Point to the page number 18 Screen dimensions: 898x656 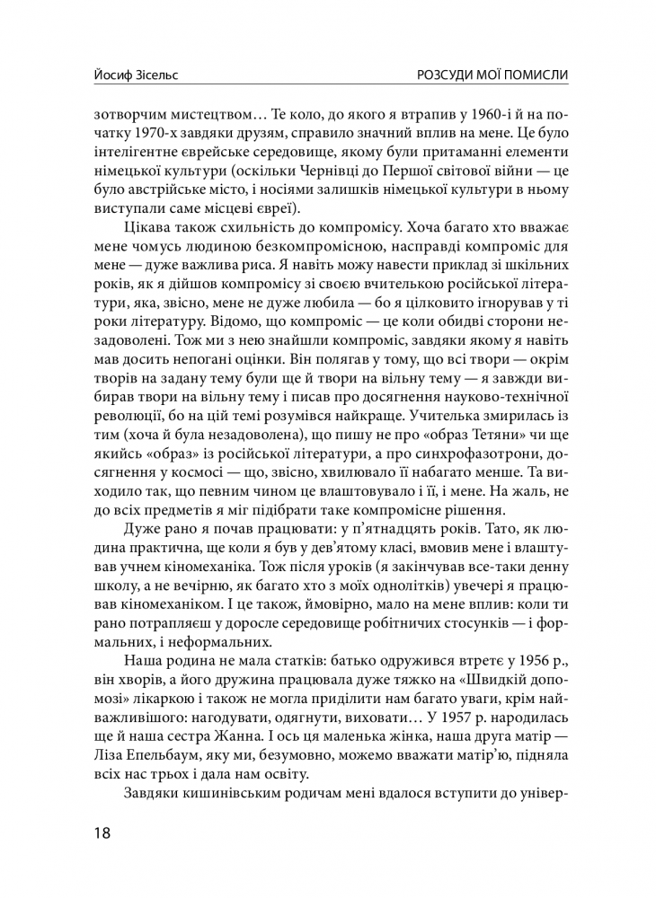pyautogui.click(x=102, y=832)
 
